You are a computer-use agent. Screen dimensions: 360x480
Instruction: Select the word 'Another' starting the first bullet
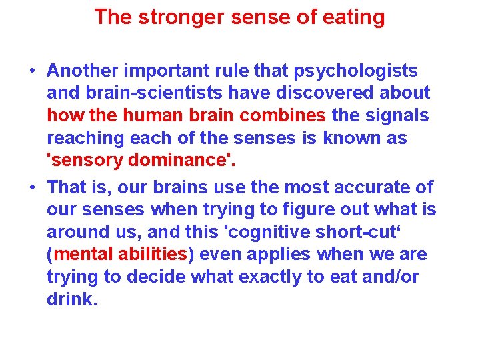click(x=86, y=71)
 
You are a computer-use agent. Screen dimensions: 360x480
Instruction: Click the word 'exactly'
click(x=253, y=277)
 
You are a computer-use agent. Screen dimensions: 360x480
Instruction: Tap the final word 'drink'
click(x=70, y=299)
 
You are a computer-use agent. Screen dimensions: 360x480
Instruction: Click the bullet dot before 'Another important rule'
click(x=31, y=71)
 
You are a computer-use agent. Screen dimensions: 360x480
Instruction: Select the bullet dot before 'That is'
click(x=31, y=188)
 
